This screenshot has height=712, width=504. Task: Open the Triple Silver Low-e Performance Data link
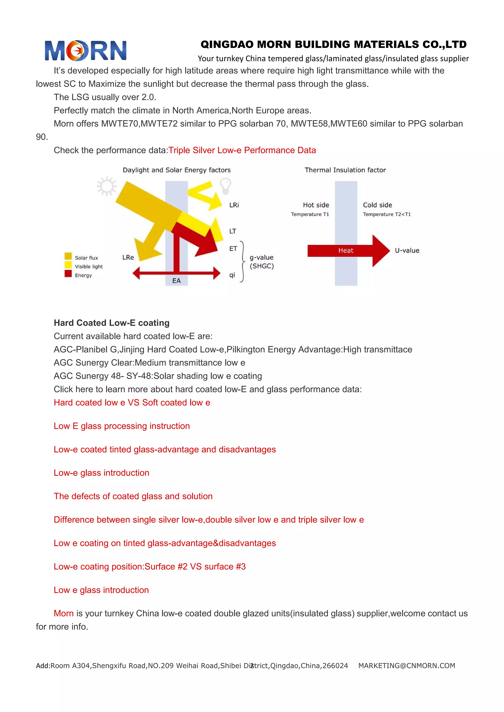coord(242,150)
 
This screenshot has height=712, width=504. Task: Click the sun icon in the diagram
coord(107,186)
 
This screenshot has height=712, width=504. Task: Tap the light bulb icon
coord(226,185)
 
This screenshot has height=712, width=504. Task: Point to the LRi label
coord(234,205)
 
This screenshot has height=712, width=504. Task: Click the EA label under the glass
coord(176,281)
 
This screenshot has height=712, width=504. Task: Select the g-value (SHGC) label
coord(262,262)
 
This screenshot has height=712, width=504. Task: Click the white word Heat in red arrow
coord(346,251)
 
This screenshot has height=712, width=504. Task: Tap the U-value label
coord(407,251)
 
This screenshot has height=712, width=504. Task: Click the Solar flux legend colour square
coord(68,256)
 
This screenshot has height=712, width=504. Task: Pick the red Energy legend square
coord(68,273)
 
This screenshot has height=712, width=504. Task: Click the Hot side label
coord(316,205)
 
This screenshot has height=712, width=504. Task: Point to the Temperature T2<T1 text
coord(387,214)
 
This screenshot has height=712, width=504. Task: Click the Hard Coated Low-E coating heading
coord(112,323)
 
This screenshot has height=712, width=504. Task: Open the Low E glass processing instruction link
coord(122,426)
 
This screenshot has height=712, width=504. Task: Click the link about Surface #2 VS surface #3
coord(150,566)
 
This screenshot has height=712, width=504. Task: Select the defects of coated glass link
coord(133,496)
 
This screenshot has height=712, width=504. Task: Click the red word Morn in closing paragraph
coord(64,613)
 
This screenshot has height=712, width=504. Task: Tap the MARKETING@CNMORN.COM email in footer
coord(407,666)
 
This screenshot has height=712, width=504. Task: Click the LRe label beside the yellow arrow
coord(128,257)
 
